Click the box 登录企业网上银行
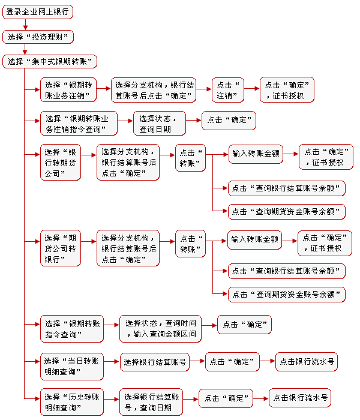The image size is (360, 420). [x=37, y=12]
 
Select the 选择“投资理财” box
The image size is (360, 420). [x=38, y=37]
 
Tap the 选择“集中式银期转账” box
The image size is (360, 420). [x=50, y=62]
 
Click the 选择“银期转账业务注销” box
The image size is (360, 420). [x=68, y=90]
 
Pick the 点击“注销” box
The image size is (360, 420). [x=228, y=90]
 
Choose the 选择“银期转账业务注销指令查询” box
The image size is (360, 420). [x=79, y=124]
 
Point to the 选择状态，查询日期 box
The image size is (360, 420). [x=160, y=124]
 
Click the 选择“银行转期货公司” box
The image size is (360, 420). [x=61, y=163]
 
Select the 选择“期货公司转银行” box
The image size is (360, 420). [x=61, y=248]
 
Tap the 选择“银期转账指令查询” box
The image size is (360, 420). [x=72, y=329]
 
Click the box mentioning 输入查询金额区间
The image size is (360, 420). [x=160, y=329]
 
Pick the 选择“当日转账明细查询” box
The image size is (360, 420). [x=72, y=367]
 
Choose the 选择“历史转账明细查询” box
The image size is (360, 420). [x=72, y=402]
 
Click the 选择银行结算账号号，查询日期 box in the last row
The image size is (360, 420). [x=151, y=402]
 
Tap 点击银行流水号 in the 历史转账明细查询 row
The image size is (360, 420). [x=300, y=398]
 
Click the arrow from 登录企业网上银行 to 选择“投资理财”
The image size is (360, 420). [x=25, y=25]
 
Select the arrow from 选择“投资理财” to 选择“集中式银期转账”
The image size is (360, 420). [x=25, y=49]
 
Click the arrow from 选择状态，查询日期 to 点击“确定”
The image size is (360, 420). [x=194, y=120]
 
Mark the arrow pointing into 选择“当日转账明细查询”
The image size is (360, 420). [x=32, y=361]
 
